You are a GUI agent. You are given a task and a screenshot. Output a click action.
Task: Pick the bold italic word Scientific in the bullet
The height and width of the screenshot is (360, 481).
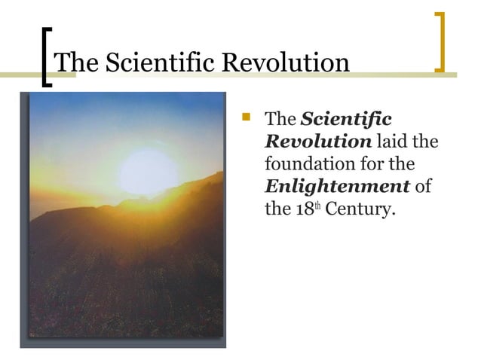346,120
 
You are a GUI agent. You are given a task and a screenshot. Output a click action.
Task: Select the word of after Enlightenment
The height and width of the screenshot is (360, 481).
423,187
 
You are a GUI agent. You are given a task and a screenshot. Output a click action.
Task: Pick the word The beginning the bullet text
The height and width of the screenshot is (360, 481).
281,120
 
